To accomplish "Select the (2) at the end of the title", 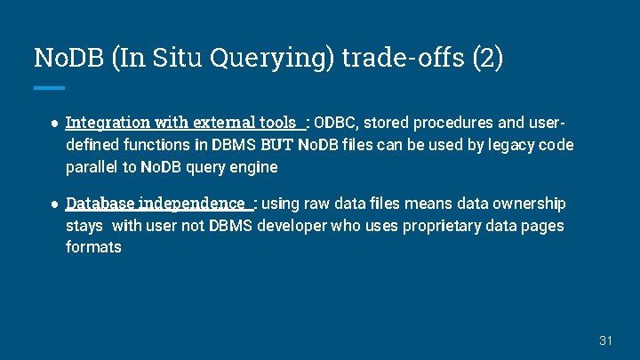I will [x=486, y=58].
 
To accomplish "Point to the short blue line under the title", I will [x=50, y=88].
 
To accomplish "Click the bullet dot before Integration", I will [x=53, y=122].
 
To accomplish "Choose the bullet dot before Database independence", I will [x=53, y=204].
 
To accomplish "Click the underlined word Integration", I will [x=107, y=122].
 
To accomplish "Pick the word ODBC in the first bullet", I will [x=336, y=122].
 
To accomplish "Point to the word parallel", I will [x=92, y=166].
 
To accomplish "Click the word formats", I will [x=93, y=247].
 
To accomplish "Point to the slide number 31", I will [x=607, y=340].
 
